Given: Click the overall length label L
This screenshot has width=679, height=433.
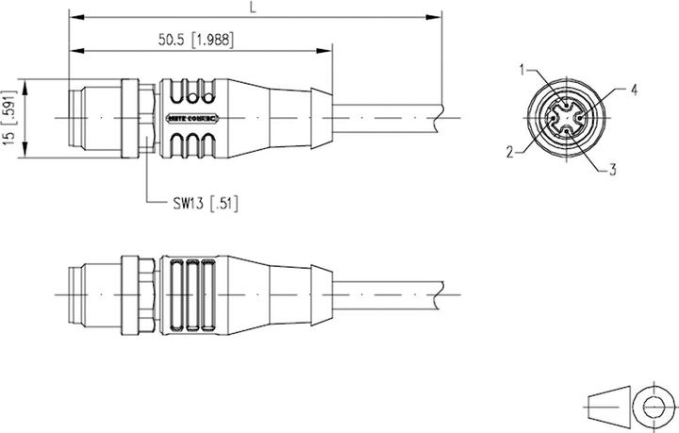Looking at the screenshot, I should point(252,8).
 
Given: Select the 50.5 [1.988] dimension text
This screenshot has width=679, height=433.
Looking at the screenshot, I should point(197,39).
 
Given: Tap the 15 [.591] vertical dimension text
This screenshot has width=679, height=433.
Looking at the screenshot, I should point(9,117).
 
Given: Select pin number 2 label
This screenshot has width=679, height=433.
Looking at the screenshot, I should point(510,151).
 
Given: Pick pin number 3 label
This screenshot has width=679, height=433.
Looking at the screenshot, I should point(613,170).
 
